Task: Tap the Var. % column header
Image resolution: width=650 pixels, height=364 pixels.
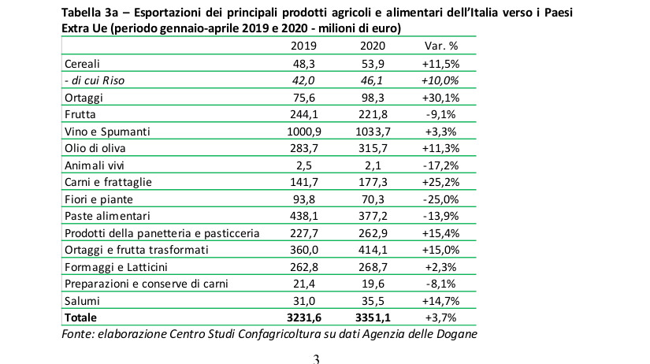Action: point(441,46)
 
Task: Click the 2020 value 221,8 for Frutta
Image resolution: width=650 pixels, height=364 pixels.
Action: point(373,114)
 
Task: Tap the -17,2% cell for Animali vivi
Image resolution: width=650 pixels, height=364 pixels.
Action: point(441,165)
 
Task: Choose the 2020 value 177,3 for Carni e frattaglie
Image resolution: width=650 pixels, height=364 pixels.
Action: point(373,182)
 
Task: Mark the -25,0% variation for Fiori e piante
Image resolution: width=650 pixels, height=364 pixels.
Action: point(441,199)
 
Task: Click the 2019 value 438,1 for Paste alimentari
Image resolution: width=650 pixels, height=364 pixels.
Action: point(304,216)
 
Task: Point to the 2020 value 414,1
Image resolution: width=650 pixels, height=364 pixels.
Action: point(373,250)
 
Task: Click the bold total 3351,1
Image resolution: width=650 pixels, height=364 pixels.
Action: point(373,318)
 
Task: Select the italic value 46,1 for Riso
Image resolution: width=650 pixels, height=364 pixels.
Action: point(373,80)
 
